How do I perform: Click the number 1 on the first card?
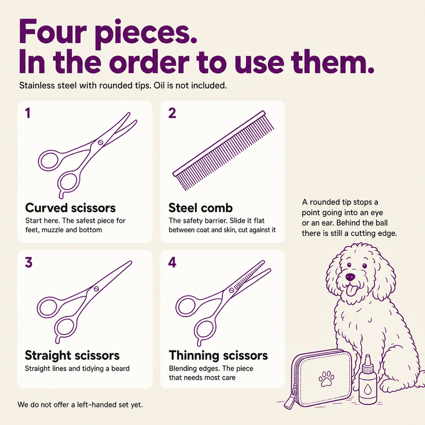(x=28, y=113)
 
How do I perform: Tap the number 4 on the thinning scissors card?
(x=172, y=262)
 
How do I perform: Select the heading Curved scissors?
(x=71, y=208)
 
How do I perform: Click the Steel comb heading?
(x=201, y=208)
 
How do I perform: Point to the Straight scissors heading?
(x=72, y=355)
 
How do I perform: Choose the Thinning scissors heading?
(x=218, y=355)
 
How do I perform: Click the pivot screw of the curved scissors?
(x=100, y=142)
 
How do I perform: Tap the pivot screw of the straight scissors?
(x=96, y=288)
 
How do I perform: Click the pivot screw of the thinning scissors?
(x=232, y=290)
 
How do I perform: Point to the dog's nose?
(x=350, y=277)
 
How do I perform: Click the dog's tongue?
(x=351, y=290)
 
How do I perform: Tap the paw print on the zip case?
(x=326, y=378)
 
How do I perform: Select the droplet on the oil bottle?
(x=368, y=389)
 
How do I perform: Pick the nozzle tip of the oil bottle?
(x=367, y=358)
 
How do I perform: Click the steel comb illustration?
(x=223, y=150)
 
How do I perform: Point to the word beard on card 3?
(x=121, y=368)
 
